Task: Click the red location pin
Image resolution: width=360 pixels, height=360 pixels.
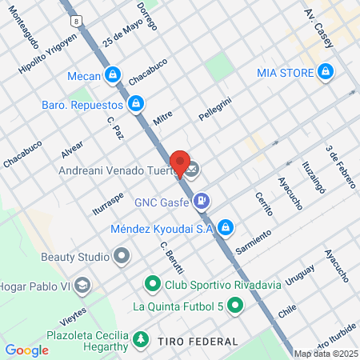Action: coord(181,162)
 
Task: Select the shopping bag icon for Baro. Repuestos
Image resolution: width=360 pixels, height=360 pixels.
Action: coord(137,104)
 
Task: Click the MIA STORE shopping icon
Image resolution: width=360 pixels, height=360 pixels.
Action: coord(325,73)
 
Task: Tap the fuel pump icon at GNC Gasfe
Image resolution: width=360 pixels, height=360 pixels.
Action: coord(203,200)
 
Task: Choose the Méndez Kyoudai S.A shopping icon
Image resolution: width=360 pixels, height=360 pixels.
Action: coord(226,228)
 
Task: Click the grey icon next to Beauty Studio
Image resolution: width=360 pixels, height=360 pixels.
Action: coord(122,257)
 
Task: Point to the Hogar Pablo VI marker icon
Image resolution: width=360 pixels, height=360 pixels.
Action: coord(86,284)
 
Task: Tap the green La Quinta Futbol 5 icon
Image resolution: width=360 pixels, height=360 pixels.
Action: coord(234,305)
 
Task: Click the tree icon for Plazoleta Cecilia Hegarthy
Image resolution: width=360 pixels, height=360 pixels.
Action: coord(141,340)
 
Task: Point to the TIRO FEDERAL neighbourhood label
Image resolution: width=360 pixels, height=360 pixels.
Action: coord(197,342)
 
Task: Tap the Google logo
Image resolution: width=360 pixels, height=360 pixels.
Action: coord(26,350)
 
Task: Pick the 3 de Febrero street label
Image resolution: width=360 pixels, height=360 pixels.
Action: coord(340,167)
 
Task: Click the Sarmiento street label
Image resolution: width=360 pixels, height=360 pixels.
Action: coord(254,238)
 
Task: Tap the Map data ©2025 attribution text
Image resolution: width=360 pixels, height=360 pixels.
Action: coord(326,354)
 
